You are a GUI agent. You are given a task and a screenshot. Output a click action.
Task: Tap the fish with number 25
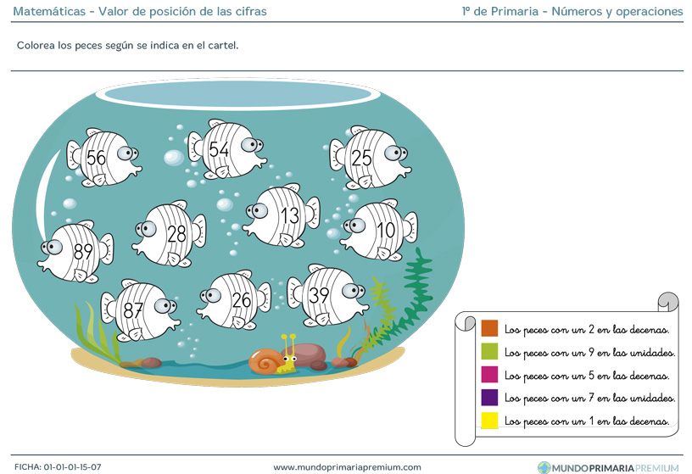click(x=370, y=158)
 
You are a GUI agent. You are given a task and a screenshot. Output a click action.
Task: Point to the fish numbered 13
click(x=282, y=215)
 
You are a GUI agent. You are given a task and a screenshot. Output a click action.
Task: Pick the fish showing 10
click(x=379, y=230)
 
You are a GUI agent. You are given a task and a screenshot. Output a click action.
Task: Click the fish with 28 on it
click(x=169, y=234)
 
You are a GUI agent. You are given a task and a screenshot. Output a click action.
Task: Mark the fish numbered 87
click(x=139, y=310)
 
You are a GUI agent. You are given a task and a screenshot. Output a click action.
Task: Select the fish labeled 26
click(x=234, y=300)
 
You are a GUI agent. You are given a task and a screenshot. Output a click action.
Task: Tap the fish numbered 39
click(x=327, y=295)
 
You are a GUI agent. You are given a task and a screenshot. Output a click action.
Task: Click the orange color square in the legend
click(x=489, y=328)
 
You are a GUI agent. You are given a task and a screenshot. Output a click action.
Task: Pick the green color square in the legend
click(x=489, y=351)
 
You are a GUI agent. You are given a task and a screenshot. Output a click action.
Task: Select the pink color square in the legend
click(x=489, y=374)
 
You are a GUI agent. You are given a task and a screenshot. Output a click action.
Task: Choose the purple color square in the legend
click(x=489, y=397)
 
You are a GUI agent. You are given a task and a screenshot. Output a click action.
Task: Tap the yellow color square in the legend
click(x=489, y=421)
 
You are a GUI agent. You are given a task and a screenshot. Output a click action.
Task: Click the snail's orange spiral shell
click(x=265, y=361)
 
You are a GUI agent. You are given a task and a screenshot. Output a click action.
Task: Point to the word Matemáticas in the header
click(x=49, y=11)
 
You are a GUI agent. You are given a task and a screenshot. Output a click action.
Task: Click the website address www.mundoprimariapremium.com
click(x=347, y=467)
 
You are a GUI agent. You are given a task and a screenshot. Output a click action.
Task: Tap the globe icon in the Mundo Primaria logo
click(x=544, y=467)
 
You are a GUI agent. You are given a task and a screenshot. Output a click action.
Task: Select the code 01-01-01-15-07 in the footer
click(x=72, y=467)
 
